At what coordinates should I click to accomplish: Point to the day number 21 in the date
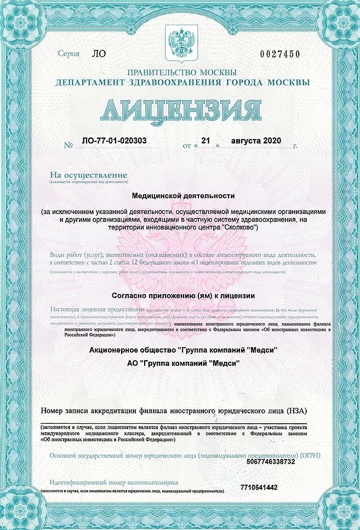point(206,141)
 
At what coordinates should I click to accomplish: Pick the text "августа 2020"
point(256,141)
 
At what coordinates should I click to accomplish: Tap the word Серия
point(68,54)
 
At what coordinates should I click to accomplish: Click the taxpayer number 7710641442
point(259,487)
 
